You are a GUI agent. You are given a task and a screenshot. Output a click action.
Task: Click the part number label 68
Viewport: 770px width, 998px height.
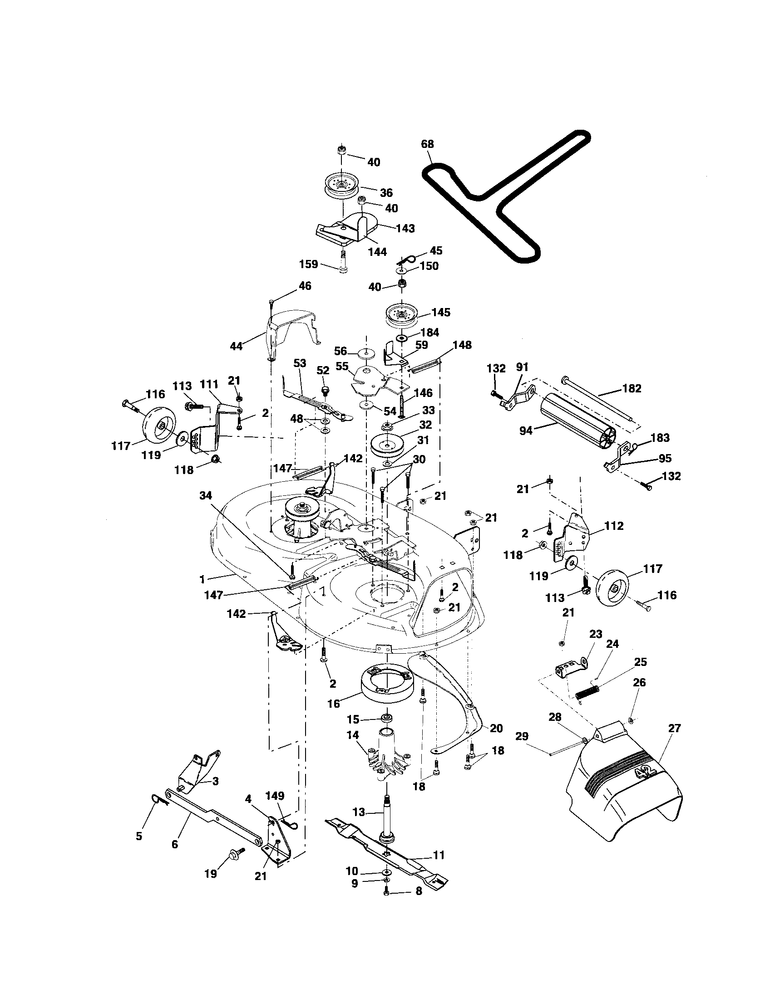[x=428, y=144]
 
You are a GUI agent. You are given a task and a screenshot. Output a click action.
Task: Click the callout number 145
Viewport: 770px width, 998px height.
[x=440, y=313]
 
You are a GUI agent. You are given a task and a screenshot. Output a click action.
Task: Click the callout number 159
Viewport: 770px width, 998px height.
[x=309, y=264]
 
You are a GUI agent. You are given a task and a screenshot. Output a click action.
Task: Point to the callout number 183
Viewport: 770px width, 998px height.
[x=660, y=437]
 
